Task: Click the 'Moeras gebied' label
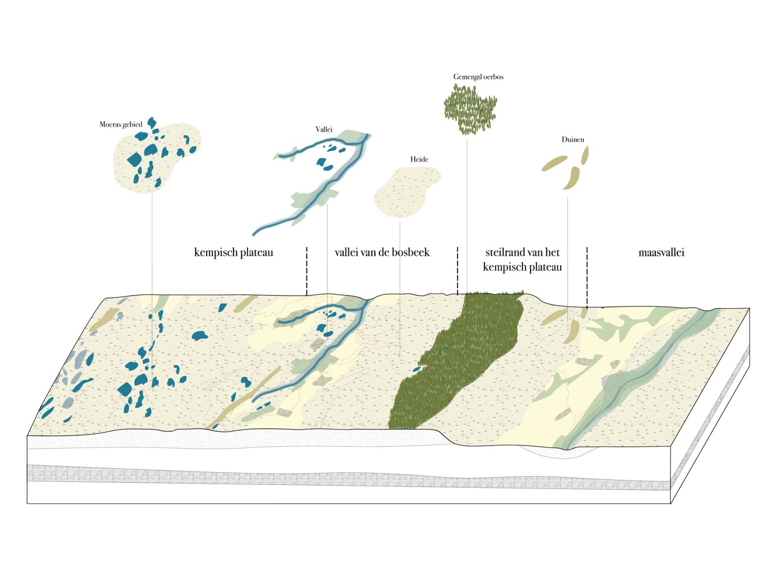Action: (x=121, y=124)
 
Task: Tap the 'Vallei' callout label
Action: (x=324, y=129)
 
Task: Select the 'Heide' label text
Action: (x=419, y=159)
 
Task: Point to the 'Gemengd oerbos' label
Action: (x=478, y=77)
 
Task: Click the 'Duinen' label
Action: (x=573, y=139)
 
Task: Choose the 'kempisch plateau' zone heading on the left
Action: (x=233, y=252)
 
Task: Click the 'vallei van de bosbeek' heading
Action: (x=382, y=252)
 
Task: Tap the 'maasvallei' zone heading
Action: (x=662, y=252)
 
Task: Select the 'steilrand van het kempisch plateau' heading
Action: (x=522, y=260)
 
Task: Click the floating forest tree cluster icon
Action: (x=470, y=109)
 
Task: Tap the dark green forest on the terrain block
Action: (x=460, y=357)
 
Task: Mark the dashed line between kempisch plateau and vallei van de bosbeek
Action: (x=307, y=271)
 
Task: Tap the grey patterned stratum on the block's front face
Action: (x=294, y=476)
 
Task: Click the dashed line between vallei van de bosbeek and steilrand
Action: (x=458, y=271)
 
